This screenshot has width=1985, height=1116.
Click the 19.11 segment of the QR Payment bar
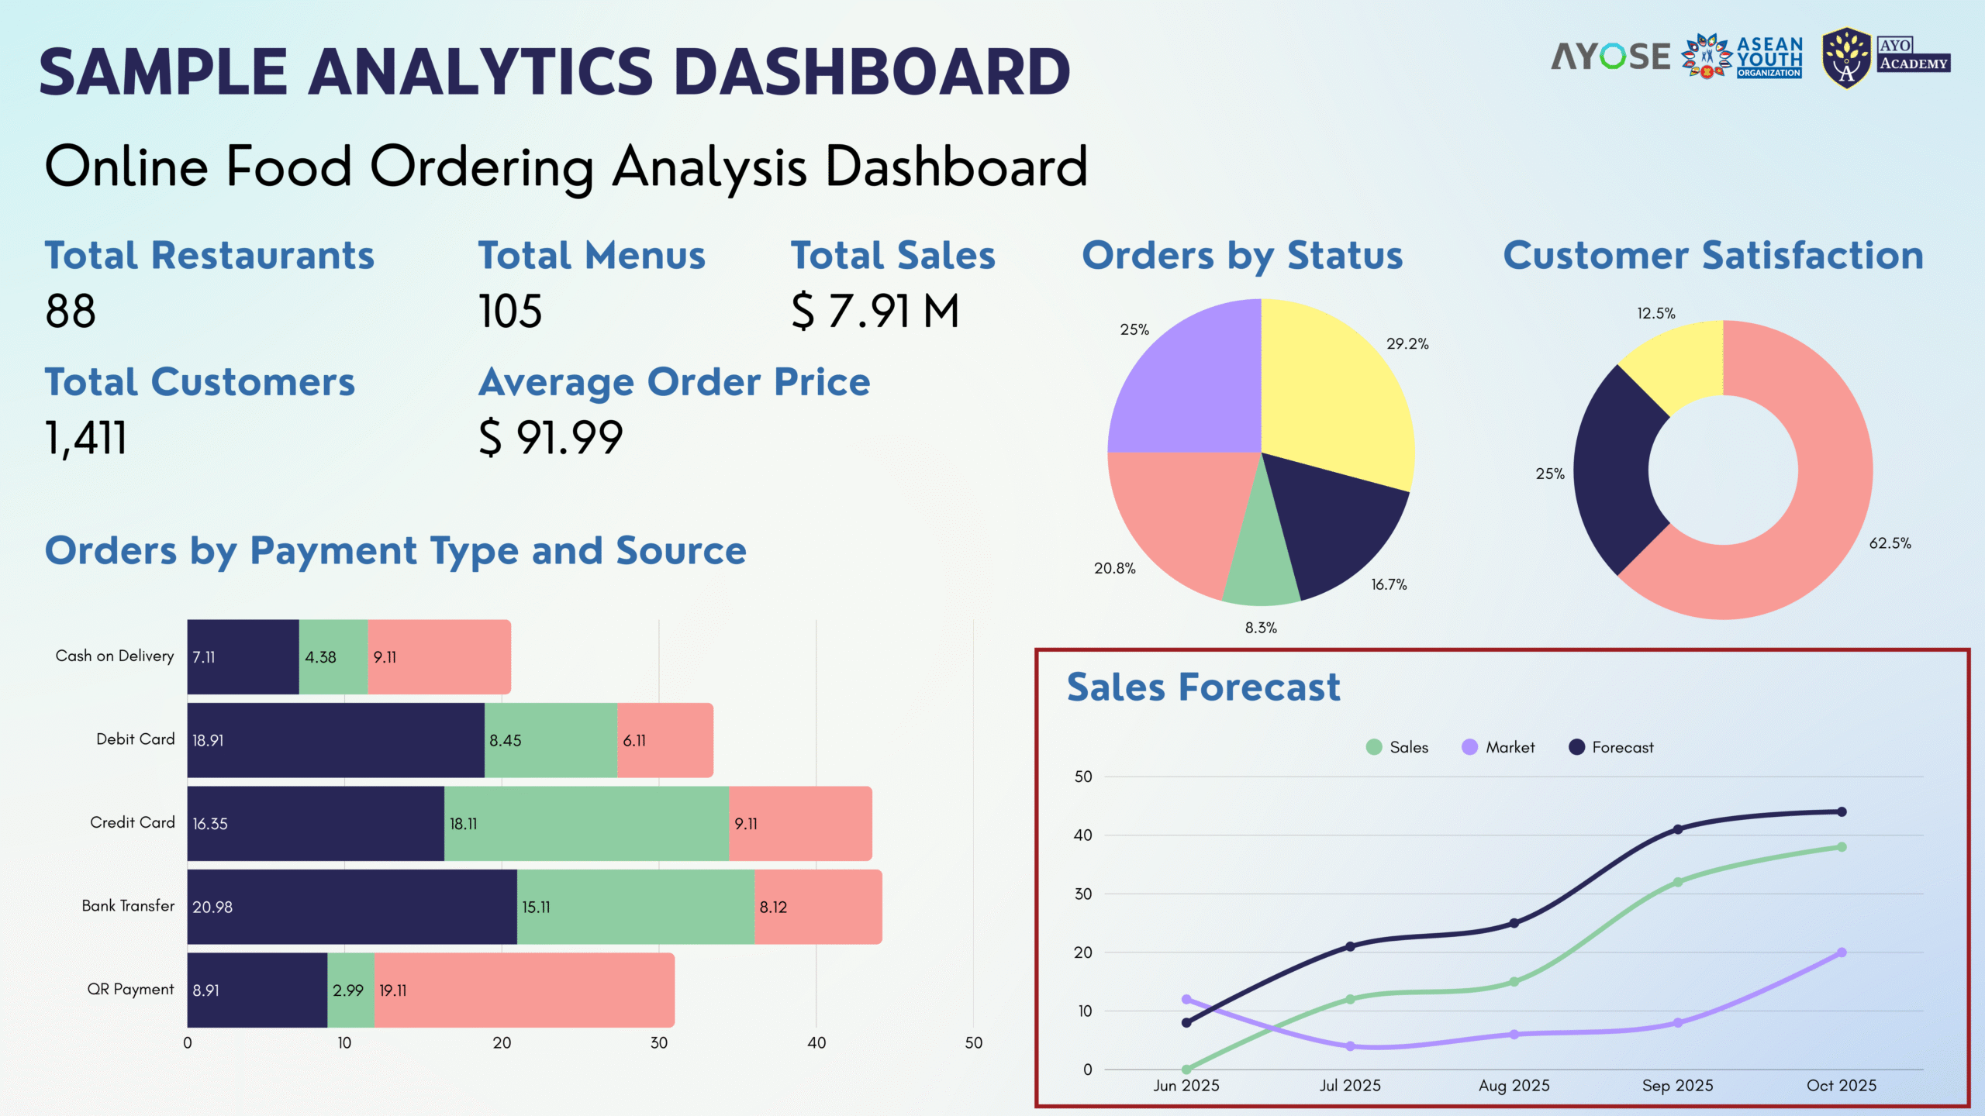coord(524,990)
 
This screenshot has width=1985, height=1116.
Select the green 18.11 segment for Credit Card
coord(586,823)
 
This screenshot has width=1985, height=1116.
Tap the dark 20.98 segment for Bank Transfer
coord(352,907)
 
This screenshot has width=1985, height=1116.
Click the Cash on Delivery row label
coord(115,656)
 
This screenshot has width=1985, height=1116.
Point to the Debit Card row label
coord(136,739)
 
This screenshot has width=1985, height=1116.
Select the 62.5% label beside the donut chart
coord(1890,543)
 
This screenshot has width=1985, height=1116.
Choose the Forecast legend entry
coord(1611,747)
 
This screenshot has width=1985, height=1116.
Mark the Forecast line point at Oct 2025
coord(1842,811)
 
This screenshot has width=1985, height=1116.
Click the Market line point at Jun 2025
coord(1186,999)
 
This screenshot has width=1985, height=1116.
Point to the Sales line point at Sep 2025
coord(1678,882)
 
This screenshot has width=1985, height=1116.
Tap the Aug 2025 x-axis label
coord(1514,1086)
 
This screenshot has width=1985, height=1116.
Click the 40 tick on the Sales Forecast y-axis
coord(1083,835)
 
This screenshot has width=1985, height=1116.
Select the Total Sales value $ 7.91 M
coord(875,311)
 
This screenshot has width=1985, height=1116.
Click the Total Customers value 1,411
coord(85,437)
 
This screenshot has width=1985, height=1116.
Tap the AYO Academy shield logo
coord(1847,59)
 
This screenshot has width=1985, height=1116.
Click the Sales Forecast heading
coord(1203,687)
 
